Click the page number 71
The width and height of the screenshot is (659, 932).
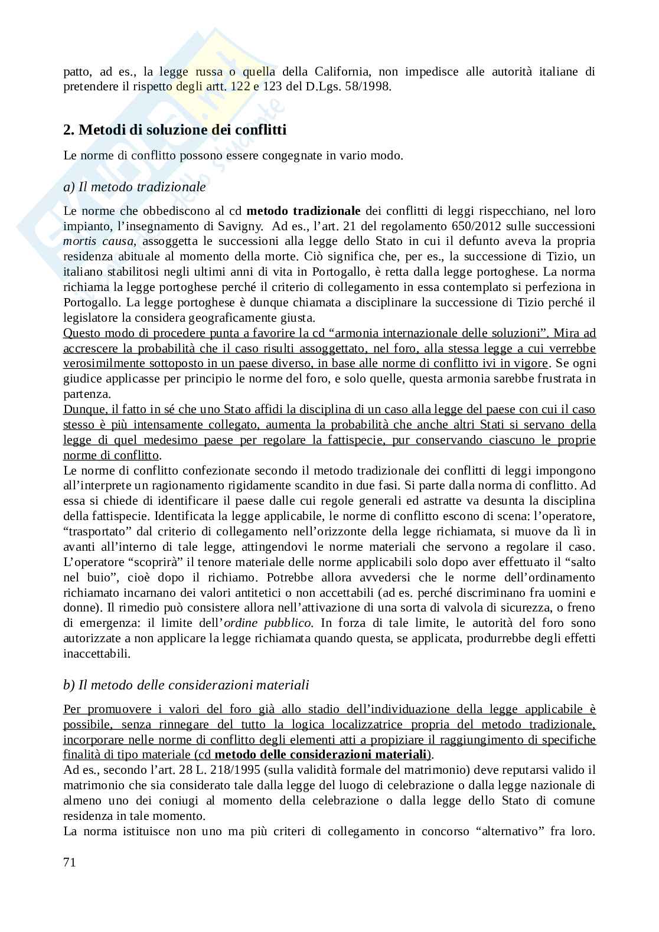(69, 862)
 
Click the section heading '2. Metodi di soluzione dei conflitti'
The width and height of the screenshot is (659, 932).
(175, 129)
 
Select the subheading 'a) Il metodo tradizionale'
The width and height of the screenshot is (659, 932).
(135, 187)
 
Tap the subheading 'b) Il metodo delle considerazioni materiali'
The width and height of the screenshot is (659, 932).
(186, 685)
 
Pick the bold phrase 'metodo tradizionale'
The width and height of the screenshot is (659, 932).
(303, 211)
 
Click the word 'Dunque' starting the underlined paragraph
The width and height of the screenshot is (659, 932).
(81, 410)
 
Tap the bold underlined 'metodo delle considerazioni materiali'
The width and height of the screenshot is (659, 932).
(321, 754)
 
